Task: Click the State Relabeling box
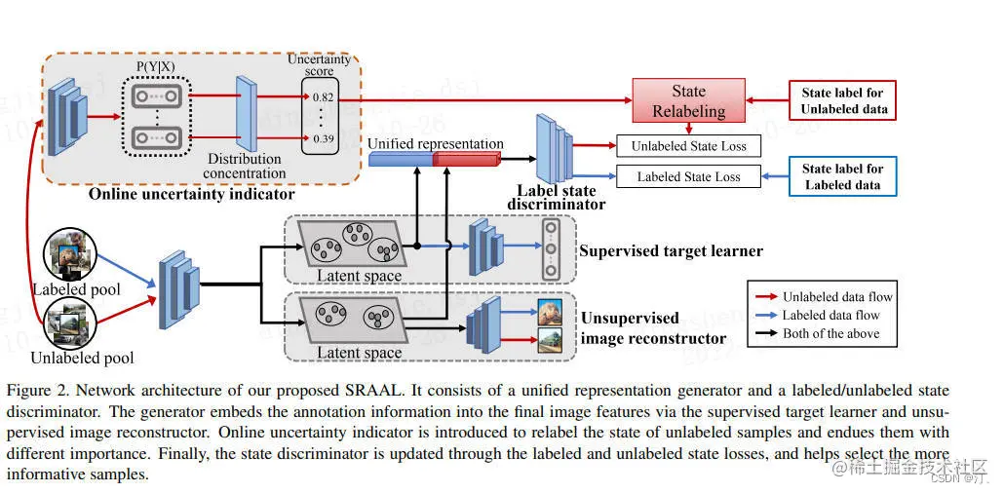pyautogui.click(x=688, y=100)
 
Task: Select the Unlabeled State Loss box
pyautogui.click(x=688, y=146)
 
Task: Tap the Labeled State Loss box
pyautogui.click(x=688, y=176)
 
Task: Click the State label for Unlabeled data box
pyautogui.click(x=843, y=100)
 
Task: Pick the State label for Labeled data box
pyautogui.click(x=843, y=175)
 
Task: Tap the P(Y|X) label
pyautogui.click(x=156, y=67)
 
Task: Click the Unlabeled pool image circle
pyautogui.click(x=69, y=321)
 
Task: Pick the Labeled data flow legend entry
pyautogui.click(x=830, y=315)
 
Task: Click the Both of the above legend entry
pyautogui.click(x=830, y=333)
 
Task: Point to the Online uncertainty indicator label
pyautogui.click(x=190, y=194)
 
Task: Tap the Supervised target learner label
pyautogui.click(x=671, y=251)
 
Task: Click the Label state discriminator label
pyautogui.click(x=557, y=198)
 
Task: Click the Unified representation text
pyautogui.click(x=435, y=144)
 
